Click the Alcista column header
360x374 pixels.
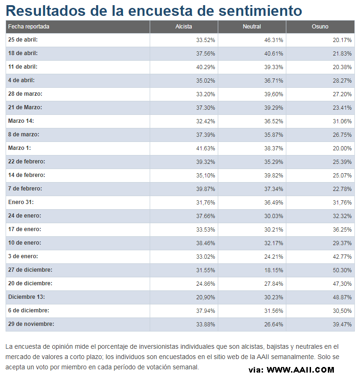coord(184,27)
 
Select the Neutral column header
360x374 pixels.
coord(252,27)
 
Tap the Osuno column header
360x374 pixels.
coord(320,27)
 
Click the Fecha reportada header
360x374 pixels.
coord(28,27)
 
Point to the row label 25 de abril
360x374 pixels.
coord(23,40)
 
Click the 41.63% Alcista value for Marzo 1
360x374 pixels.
coord(205,148)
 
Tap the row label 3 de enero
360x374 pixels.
coord(23,256)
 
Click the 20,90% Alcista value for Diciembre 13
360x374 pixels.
coord(205,297)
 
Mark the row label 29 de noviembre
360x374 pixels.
coord(31,324)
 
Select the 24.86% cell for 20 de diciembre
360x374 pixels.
coord(205,284)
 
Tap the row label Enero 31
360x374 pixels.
coord(21,202)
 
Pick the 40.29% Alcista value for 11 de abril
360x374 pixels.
coord(205,67)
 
